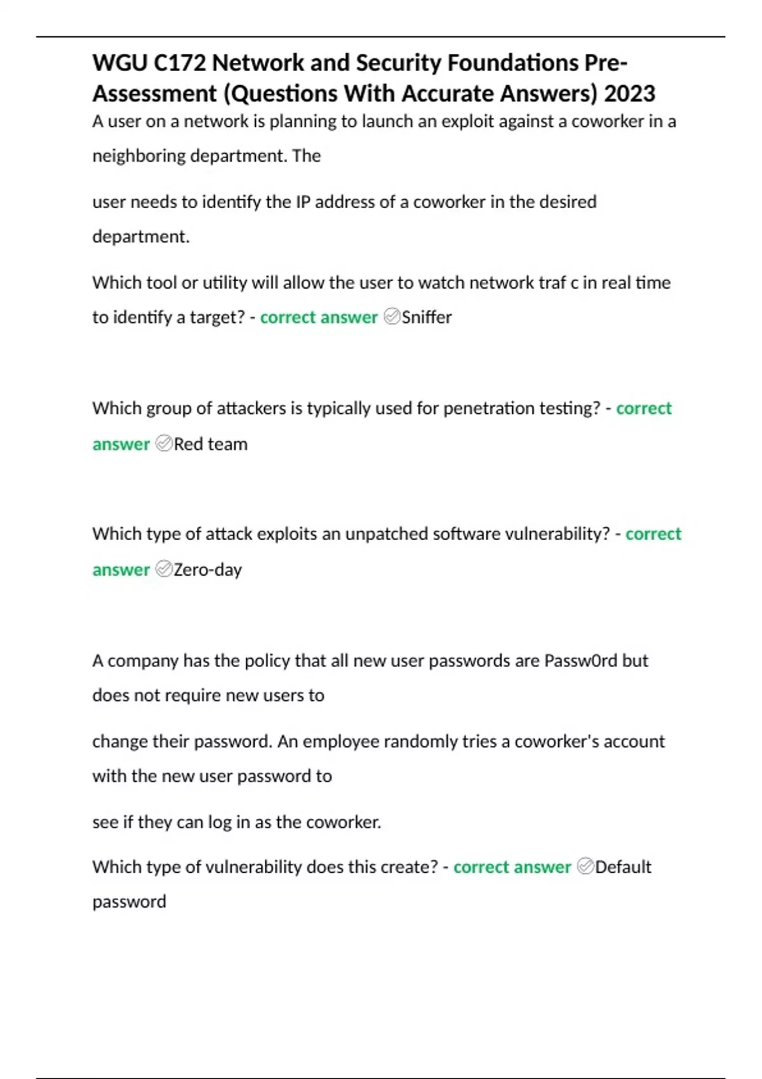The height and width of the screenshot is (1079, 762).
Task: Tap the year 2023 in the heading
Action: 629,94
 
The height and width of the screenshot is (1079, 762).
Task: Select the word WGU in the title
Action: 119,63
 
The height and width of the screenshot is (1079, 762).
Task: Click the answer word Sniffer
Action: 427,317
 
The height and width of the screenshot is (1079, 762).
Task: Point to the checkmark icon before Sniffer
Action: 392,316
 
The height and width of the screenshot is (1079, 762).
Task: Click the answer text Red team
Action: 211,444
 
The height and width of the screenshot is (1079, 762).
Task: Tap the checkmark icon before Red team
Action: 164,443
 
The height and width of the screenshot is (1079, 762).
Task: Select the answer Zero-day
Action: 208,570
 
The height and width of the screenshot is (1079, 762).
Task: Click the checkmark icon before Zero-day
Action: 164,569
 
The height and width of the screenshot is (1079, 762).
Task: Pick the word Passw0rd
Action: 580,661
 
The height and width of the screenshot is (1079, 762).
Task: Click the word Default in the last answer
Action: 623,867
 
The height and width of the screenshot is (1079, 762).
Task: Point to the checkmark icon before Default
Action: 585,866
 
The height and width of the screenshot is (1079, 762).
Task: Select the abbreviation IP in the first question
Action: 302,202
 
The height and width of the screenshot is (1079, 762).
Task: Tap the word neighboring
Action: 139,156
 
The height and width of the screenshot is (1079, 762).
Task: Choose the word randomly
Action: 420,741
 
